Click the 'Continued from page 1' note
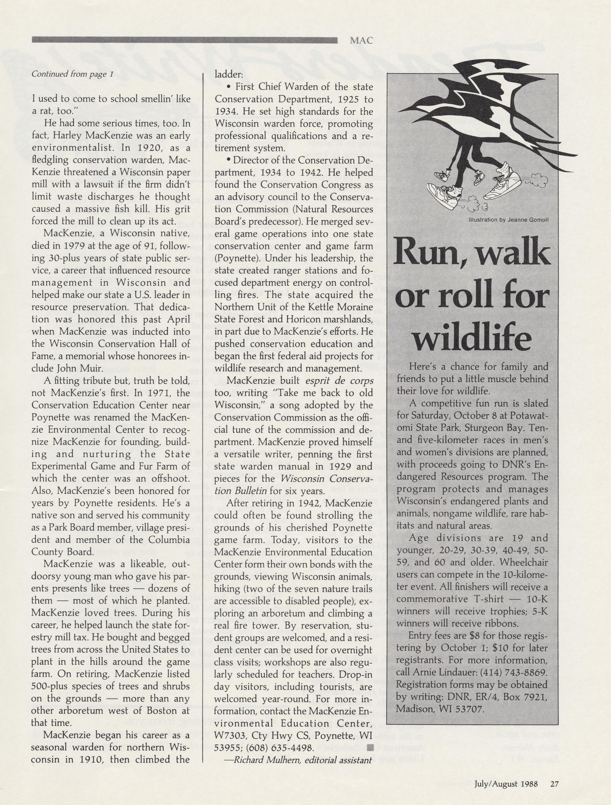(73, 74)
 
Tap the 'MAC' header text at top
(361, 41)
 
